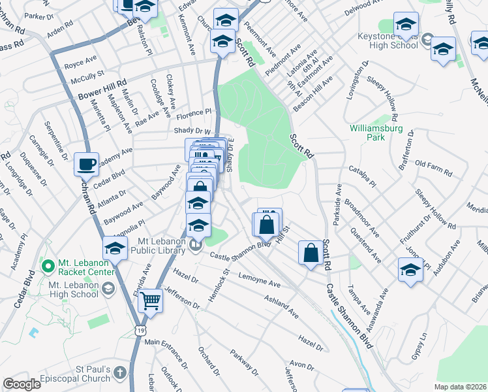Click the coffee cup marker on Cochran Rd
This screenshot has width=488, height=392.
coord(85,165)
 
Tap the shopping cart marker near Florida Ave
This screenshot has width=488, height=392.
coord(151,301)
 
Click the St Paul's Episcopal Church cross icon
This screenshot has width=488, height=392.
coord(119,372)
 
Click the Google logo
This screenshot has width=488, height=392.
coord(22,384)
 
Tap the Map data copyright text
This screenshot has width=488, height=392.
coord(460,386)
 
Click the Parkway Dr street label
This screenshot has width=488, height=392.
coord(245,363)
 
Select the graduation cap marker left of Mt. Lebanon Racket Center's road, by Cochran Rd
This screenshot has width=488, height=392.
coord(115,248)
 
